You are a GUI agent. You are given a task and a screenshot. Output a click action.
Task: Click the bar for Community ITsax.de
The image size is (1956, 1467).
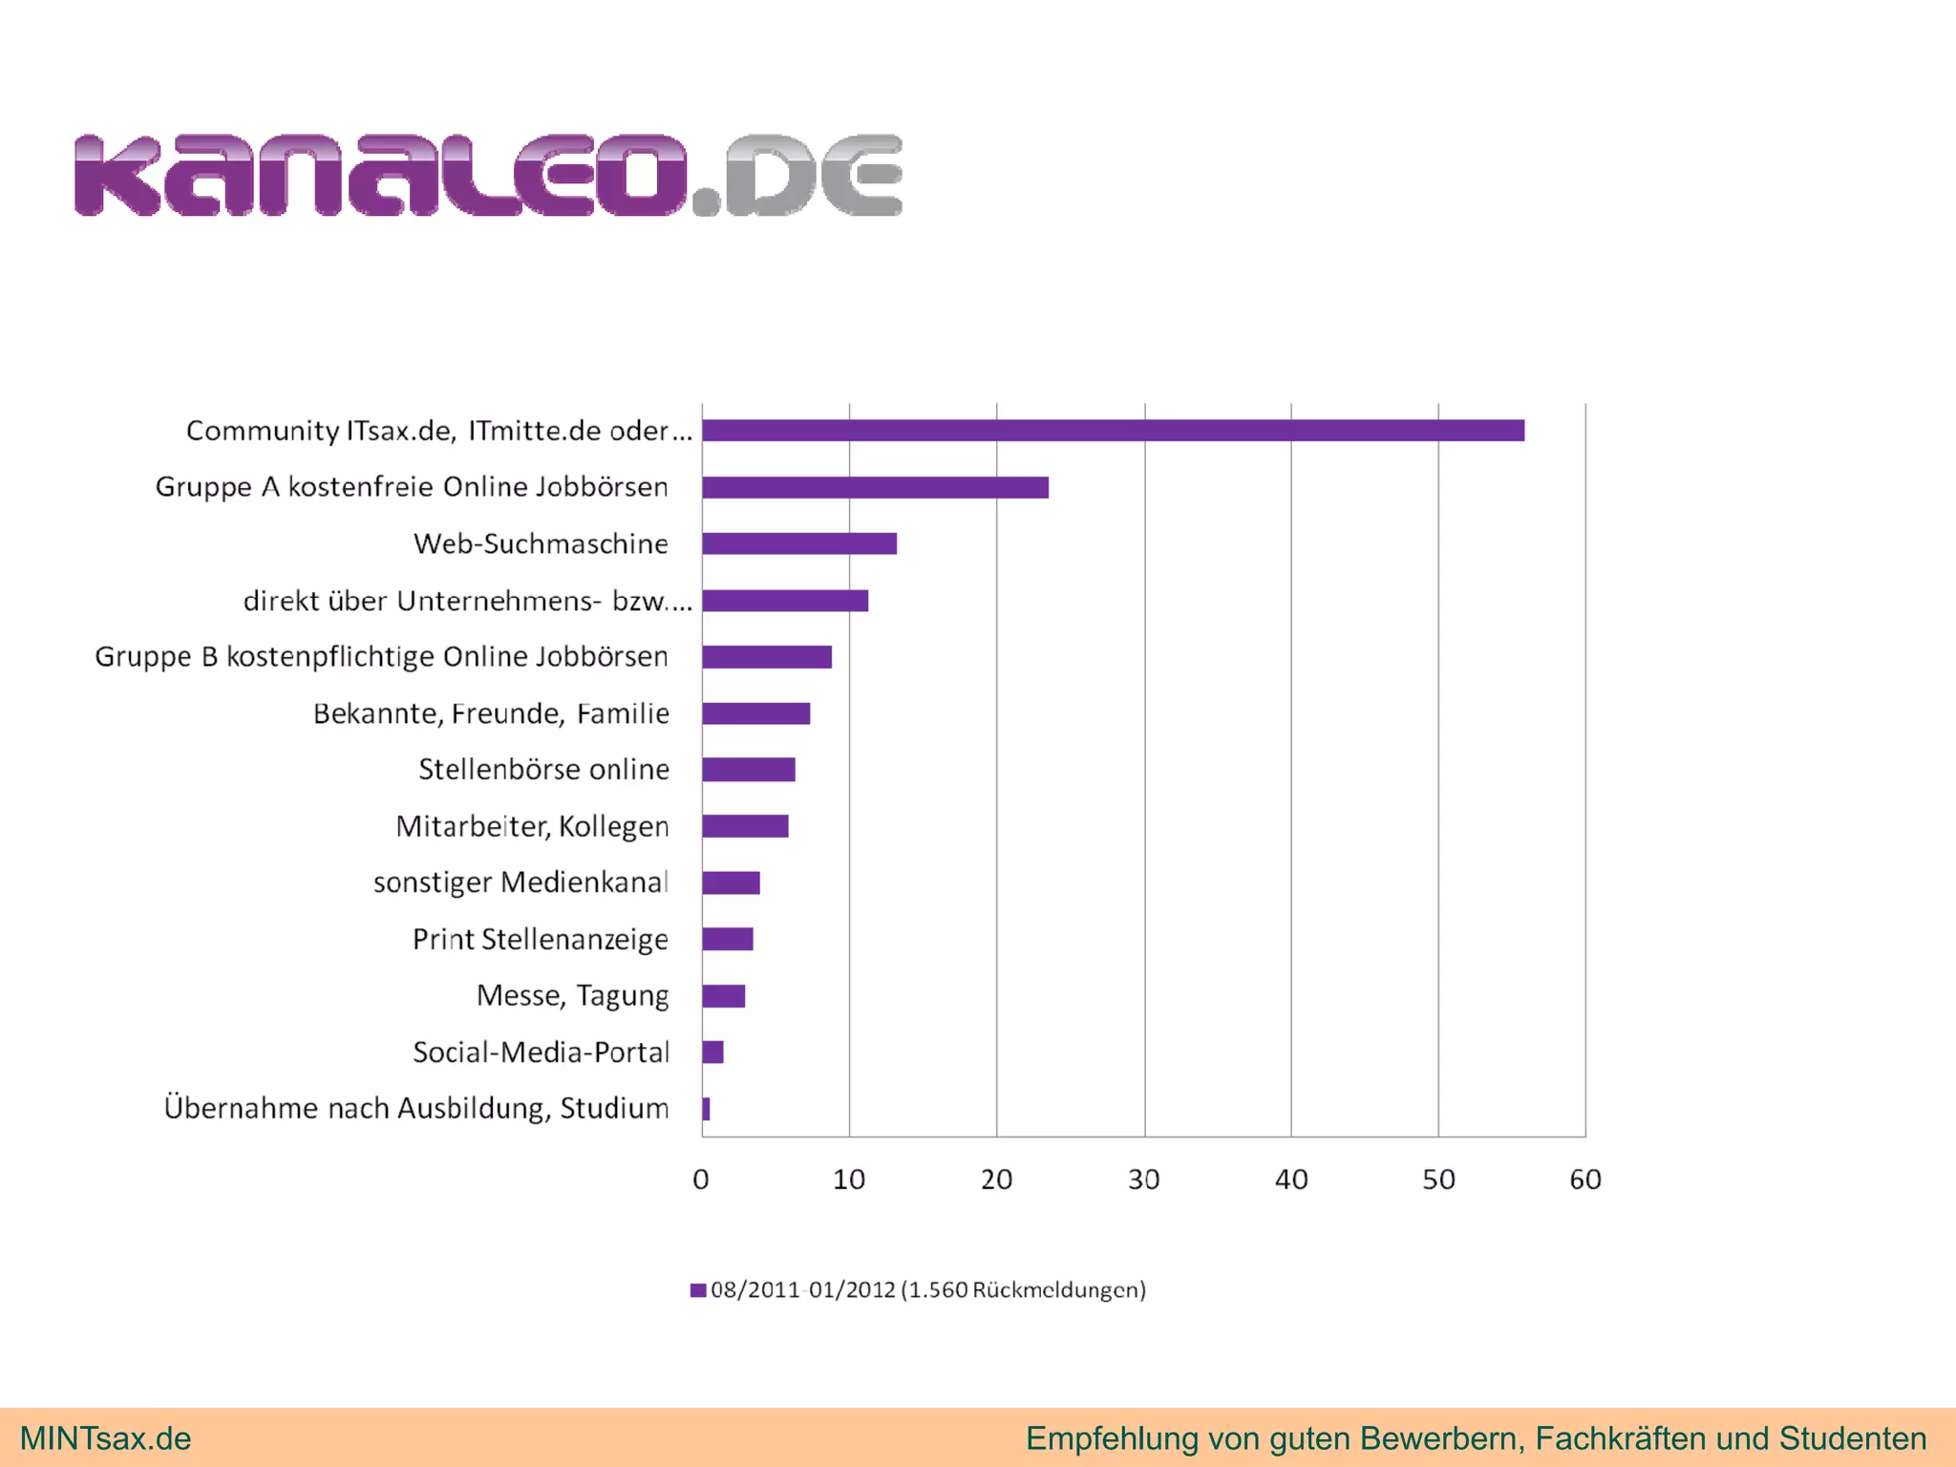tap(1113, 431)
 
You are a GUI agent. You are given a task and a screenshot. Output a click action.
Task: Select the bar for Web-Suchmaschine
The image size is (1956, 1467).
tap(799, 543)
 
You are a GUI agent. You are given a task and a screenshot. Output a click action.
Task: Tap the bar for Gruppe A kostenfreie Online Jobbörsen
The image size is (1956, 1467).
tap(875, 487)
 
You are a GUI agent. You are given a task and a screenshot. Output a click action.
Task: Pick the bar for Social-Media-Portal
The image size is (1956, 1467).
tap(712, 1052)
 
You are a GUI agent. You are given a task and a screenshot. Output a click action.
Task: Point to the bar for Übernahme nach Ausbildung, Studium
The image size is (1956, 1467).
tap(706, 1109)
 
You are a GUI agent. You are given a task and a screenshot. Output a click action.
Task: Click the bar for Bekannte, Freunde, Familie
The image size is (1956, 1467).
tap(755, 713)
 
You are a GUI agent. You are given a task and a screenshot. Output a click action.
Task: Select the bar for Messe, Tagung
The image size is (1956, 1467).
tap(723, 996)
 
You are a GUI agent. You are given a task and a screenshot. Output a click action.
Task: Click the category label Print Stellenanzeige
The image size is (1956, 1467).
tap(540, 940)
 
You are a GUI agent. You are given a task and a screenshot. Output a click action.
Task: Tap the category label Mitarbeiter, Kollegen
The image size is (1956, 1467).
tap(532, 826)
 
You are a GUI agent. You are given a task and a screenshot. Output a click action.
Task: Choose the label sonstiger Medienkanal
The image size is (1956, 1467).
tap(521, 882)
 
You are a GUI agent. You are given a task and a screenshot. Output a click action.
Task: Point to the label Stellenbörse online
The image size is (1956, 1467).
tap(543, 770)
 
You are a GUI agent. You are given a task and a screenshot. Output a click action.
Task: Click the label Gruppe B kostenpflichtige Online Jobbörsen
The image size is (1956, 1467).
tap(381, 657)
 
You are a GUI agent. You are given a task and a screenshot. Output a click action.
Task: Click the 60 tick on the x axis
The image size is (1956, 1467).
tap(1585, 1180)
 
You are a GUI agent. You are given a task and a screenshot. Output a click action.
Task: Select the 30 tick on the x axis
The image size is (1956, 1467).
tap(1143, 1180)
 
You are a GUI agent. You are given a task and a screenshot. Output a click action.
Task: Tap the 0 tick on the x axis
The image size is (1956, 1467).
tap(701, 1180)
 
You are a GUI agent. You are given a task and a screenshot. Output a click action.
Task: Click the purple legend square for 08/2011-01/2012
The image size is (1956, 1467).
tap(698, 1290)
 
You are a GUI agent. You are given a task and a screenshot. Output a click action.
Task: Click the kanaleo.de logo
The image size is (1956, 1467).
tap(488, 176)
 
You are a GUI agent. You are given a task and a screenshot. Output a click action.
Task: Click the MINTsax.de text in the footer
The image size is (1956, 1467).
tap(105, 1438)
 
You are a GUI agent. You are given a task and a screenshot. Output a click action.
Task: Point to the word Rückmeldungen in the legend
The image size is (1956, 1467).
tap(1057, 1290)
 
